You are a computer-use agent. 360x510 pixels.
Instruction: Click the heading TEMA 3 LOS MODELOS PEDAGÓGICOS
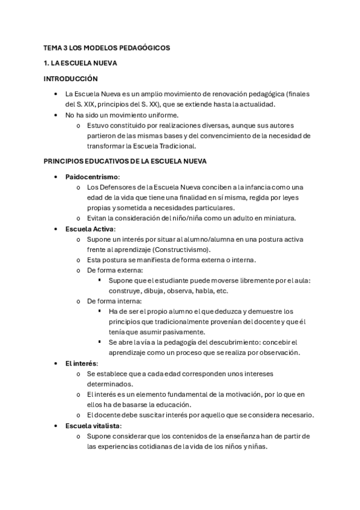(107, 47)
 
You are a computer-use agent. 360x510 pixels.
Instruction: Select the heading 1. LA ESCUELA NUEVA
(81, 63)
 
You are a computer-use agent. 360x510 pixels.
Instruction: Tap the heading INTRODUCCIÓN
(70, 78)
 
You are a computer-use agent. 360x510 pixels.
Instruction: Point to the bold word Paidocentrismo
(92, 177)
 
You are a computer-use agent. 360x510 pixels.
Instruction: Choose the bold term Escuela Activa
(90, 229)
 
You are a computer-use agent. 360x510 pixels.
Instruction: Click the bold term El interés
(81, 364)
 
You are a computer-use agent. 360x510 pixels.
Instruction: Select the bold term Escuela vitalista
(92, 426)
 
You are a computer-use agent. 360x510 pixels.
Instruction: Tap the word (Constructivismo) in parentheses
(185, 250)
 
